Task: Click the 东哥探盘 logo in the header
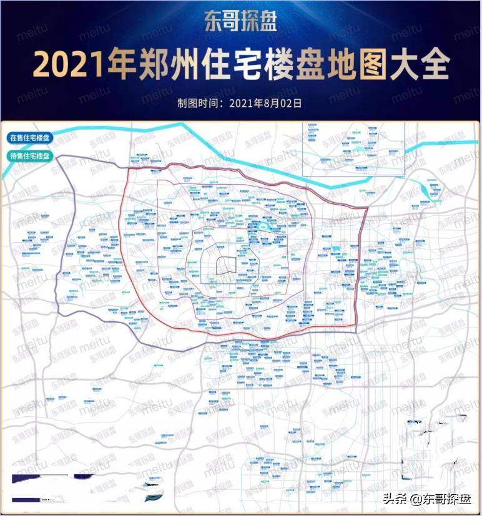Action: pos(240,23)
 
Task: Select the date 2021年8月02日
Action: pos(265,103)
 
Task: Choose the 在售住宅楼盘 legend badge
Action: pos(30,138)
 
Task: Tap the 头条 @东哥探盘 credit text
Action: pos(428,499)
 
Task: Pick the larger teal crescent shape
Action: pos(153,497)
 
